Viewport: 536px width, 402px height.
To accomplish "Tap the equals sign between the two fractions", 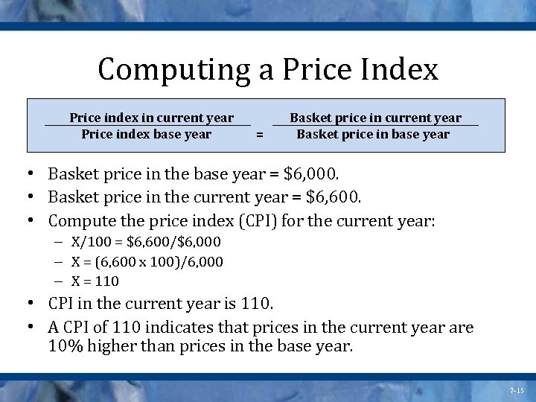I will [x=259, y=135].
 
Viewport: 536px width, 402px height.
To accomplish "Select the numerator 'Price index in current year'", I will [x=151, y=118].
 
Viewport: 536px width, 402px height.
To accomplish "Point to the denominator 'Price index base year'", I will [x=146, y=134].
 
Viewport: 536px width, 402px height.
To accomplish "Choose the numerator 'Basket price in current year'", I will [x=375, y=118].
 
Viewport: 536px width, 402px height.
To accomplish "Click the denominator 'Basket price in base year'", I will [x=373, y=134].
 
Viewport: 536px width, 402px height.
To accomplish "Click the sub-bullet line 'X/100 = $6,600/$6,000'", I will [x=146, y=242].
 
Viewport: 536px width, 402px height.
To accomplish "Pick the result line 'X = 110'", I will [x=95, y=281].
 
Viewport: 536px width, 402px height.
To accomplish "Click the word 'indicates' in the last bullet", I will [x=207, y=328].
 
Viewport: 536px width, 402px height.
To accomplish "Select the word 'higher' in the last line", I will [x=115, y=346].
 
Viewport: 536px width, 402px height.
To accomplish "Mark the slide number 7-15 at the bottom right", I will [x=517, y=390].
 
